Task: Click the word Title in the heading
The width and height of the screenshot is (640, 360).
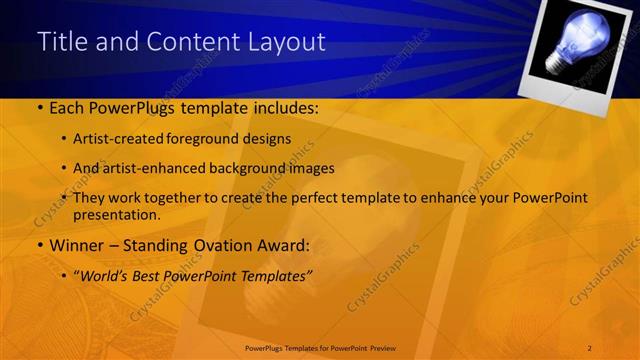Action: [61, 42]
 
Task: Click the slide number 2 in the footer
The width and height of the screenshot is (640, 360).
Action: [589, 347]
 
